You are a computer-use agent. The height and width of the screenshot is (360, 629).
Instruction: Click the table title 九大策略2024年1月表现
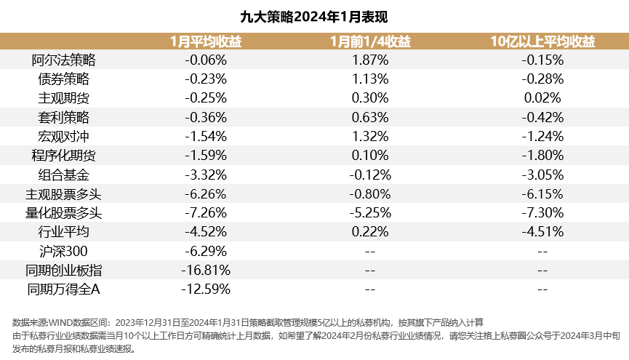tap(314, 16)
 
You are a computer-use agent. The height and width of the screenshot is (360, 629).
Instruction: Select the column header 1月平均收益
tap(206, 41)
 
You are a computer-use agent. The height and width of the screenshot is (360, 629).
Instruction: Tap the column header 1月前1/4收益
tap(369, 41)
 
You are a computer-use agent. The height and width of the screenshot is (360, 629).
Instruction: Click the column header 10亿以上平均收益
tap(542, 41)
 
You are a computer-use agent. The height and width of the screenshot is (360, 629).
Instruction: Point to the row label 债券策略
tap(63, 79)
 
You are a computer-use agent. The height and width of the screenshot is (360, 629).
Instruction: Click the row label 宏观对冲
tap(63, 136)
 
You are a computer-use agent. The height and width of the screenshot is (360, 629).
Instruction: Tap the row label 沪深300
tap(63, 251)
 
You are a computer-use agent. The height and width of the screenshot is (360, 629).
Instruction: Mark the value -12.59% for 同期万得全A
tap(206, 289)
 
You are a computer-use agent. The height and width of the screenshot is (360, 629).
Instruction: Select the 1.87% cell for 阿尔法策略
tap(369, 60)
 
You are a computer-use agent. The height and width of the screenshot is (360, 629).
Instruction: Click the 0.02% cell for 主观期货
tap(542, 98)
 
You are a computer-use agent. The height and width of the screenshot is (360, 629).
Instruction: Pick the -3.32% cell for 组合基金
tap(206, 175)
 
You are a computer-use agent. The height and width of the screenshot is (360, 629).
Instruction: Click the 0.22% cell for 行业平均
tap(369, 232)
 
